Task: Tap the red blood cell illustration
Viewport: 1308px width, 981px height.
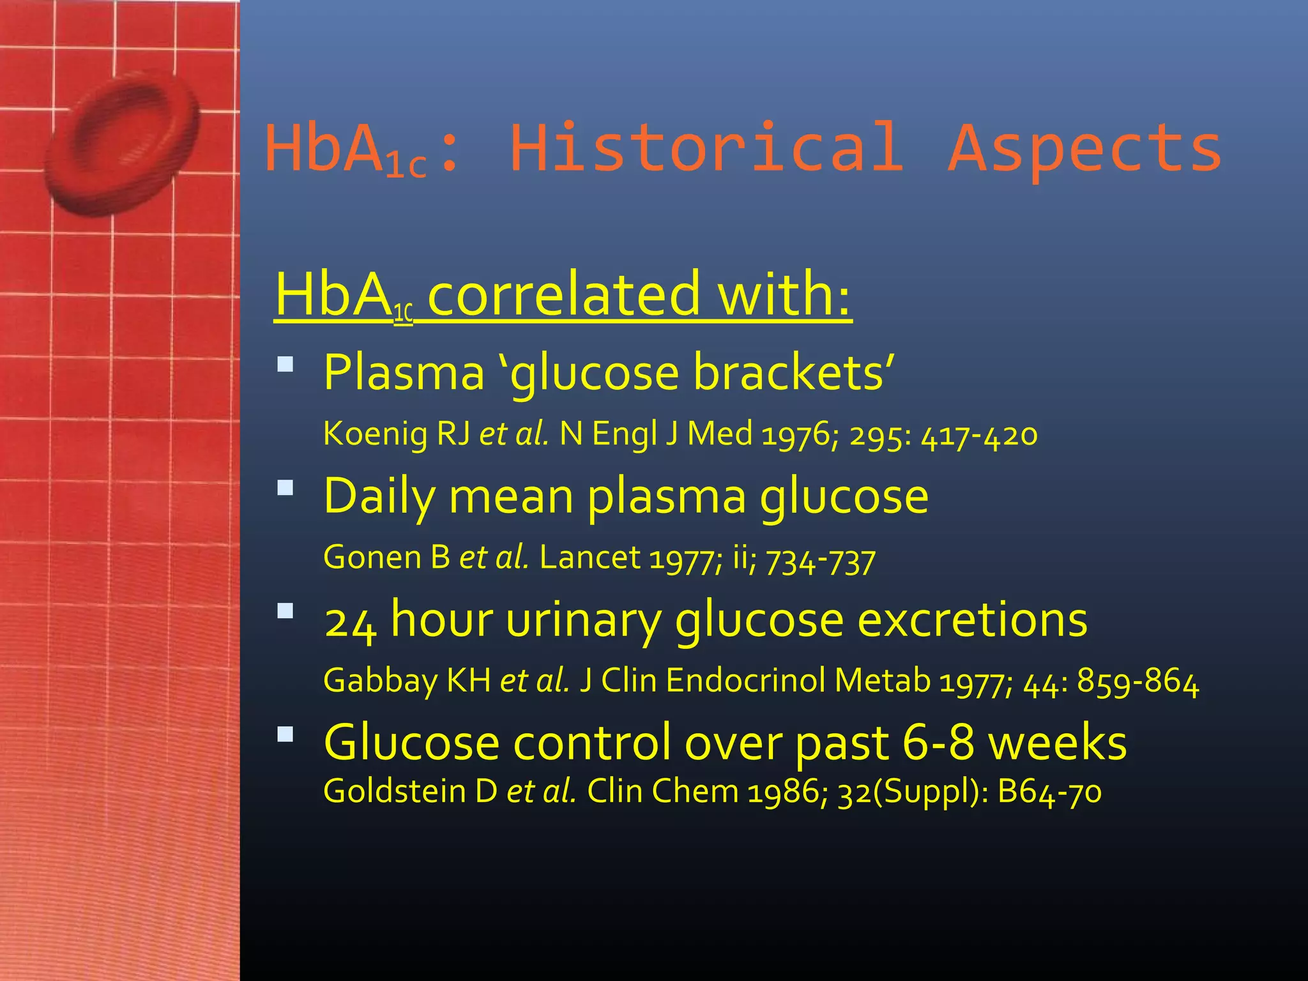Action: pyautogui.click(x=121, y=144)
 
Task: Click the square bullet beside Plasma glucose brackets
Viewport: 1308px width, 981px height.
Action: pyautogui.click(x=285, y=365)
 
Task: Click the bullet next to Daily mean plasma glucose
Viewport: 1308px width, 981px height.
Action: pyautogui.click(x=285, y=489)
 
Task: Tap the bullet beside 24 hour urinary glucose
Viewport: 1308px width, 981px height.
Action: pyautogui.click(x=285, y=612)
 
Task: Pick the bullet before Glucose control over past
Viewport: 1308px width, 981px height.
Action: pyautogui.click(x=285, y=734)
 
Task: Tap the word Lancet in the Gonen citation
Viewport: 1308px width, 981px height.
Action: pyautogui.click(x=589, y=558)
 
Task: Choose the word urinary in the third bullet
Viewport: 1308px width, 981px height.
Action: pyautogui.click(x=583, y=620)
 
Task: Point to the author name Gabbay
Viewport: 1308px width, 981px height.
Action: pyautogui.click(x=381, y=681)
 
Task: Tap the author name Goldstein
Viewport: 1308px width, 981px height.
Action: pyautogui.click(x=394, y=791)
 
